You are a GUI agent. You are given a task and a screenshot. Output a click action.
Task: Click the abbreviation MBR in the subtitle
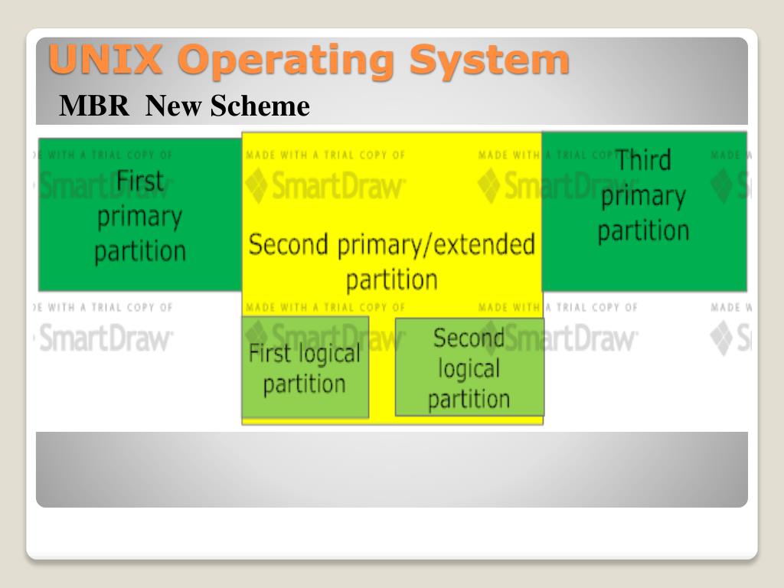pyautogui.click(x=94, y=106)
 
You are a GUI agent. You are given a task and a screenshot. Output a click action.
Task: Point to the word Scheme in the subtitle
pyautogui.click(x=260, y=106)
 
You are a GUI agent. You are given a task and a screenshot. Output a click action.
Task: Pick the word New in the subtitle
pyautogui.click(x=175, y=106)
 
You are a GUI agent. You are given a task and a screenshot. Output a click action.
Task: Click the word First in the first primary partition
pyautogui.click(x=140, y=181)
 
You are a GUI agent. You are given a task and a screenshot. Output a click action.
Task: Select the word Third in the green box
pyautogui.click(x=643, y=161)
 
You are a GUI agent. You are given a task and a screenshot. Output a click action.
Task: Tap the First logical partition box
pyautogui.click(x=305, y=367)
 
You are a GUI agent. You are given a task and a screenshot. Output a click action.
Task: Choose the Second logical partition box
pyautogui.click(x=469, y=367)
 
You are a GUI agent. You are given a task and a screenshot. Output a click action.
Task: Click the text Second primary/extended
pyautogui.click(x=391, y=245)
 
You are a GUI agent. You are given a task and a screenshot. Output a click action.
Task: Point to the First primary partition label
pyautogui.click(x=140, y=217)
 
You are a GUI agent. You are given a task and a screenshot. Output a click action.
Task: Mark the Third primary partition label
pyautogui.click(x=643, y=195)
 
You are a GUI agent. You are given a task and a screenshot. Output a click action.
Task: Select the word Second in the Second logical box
pyautogui.click(x=469, y=338)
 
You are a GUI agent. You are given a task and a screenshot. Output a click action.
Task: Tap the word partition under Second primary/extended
pyautogui.click(x=391, y=279)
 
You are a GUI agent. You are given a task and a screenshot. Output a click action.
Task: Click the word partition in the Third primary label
pyautogui.click(x=643, y=230)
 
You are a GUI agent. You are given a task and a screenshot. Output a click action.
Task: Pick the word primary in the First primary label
pyautogui.click(x=140, y=217)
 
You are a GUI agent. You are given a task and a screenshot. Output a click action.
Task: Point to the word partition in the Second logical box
pyautogui.click(x=469, y=399)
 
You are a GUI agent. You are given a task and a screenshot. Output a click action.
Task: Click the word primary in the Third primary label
pyautogui.click(x=643, y=196)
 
